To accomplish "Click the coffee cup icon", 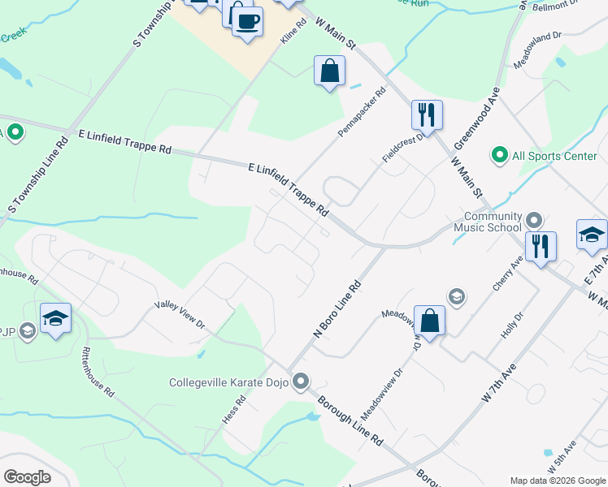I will [x=247, y=20].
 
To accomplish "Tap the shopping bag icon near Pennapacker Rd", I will [x=329, y=71].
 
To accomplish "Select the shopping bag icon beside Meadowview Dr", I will [x=429, y=321].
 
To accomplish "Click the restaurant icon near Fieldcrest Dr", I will [x=427, y=114].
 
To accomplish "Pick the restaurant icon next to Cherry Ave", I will [x=541, y=246].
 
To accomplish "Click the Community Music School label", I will [x=493, y=222].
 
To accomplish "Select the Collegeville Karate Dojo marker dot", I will [x=302, y=381].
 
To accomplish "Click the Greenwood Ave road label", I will [x=476, y=119].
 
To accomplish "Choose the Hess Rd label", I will [x=234, y=412].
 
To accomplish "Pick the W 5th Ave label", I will [x=562, y=458].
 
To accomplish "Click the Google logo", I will [x=27, y=477].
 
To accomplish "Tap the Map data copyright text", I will [x=557, y=480].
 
